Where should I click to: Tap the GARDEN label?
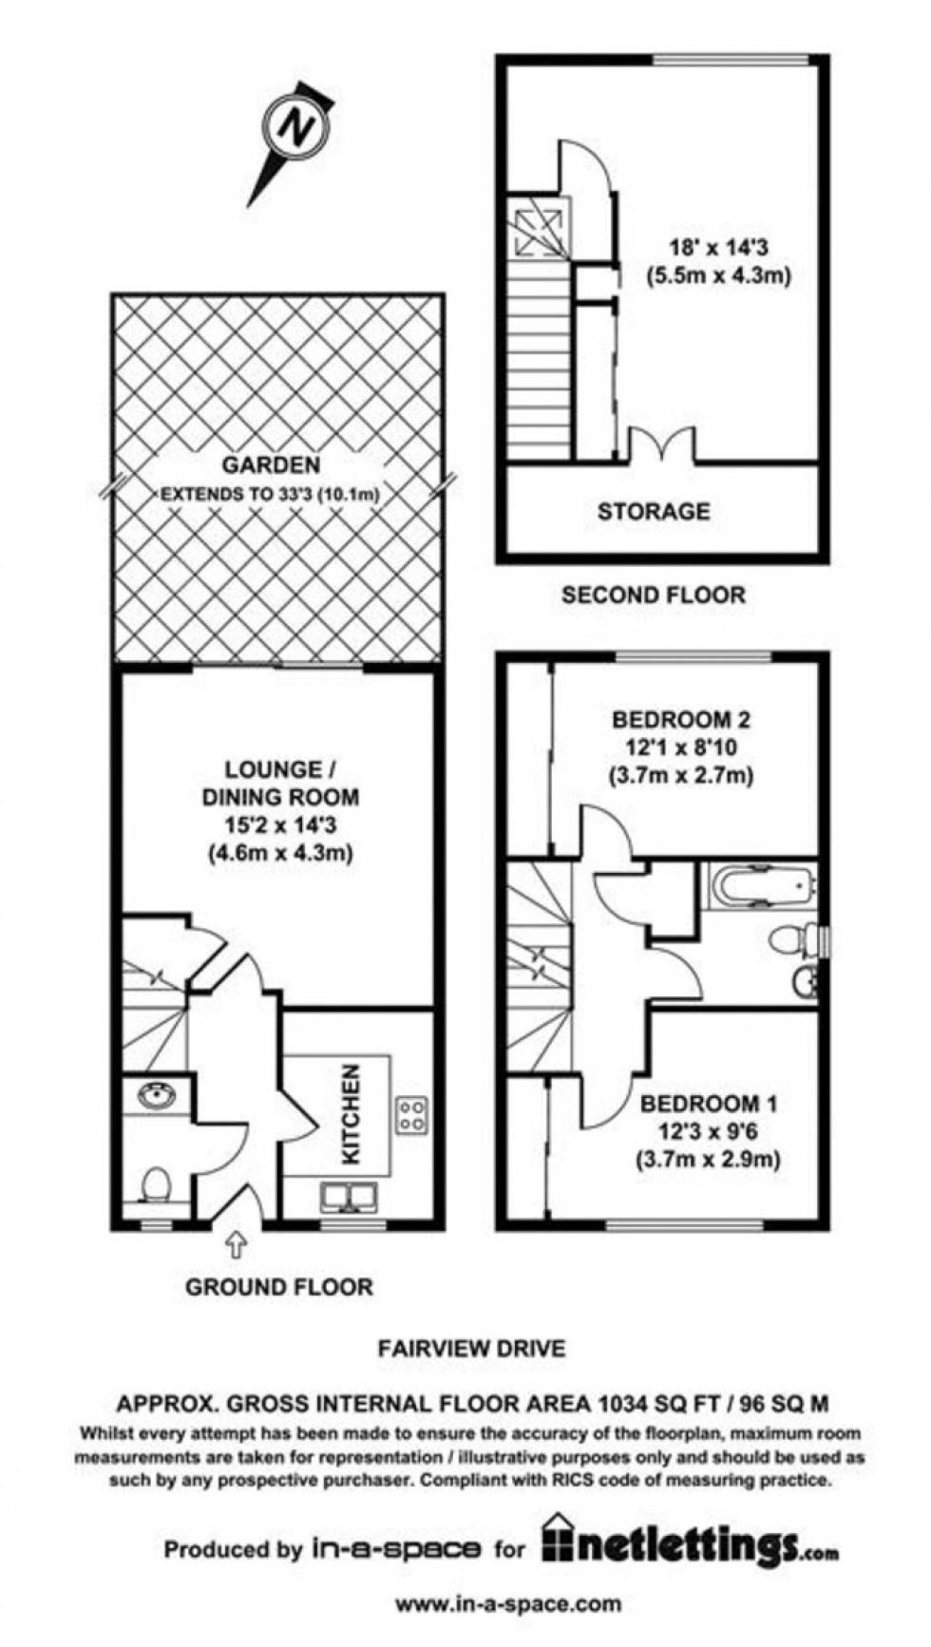pos(271,465)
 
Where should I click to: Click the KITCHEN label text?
pos(351,1113)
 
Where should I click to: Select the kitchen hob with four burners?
pos(411,1114)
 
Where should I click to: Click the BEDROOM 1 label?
pos(708,1104)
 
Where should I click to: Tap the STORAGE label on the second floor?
pos(654,512)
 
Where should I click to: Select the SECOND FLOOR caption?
pos(654,596)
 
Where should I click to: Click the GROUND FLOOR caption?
pos(279,1287)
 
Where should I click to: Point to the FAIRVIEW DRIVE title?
pos(472,1348)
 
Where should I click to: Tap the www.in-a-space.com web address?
pos(508,1604)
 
